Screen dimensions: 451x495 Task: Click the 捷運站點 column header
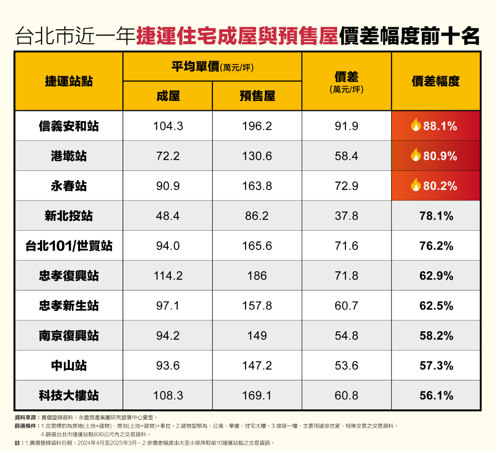point(68,82)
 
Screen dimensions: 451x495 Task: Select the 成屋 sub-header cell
point(168,96)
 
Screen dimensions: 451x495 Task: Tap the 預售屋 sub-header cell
point(257,96)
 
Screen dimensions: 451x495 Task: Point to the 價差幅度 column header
point(436,82)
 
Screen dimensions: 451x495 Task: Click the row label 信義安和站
point(68,126)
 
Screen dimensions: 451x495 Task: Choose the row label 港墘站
point(68,156)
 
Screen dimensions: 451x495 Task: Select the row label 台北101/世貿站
point(68,246)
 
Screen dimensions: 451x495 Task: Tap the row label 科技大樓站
point(68,396)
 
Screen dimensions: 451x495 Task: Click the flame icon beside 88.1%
point(416,126)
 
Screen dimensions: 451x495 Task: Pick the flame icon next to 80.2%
point(416,186)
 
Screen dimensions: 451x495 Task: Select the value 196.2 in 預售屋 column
point(257,126)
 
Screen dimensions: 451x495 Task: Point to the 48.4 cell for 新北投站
point(168,216)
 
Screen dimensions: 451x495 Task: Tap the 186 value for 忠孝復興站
point(257,276)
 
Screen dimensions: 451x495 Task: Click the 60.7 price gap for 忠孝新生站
point(346,306)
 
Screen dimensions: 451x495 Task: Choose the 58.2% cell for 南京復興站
point(436,336)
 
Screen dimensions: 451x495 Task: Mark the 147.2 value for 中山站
point(257,366)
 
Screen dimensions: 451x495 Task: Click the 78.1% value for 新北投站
point(436,216)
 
